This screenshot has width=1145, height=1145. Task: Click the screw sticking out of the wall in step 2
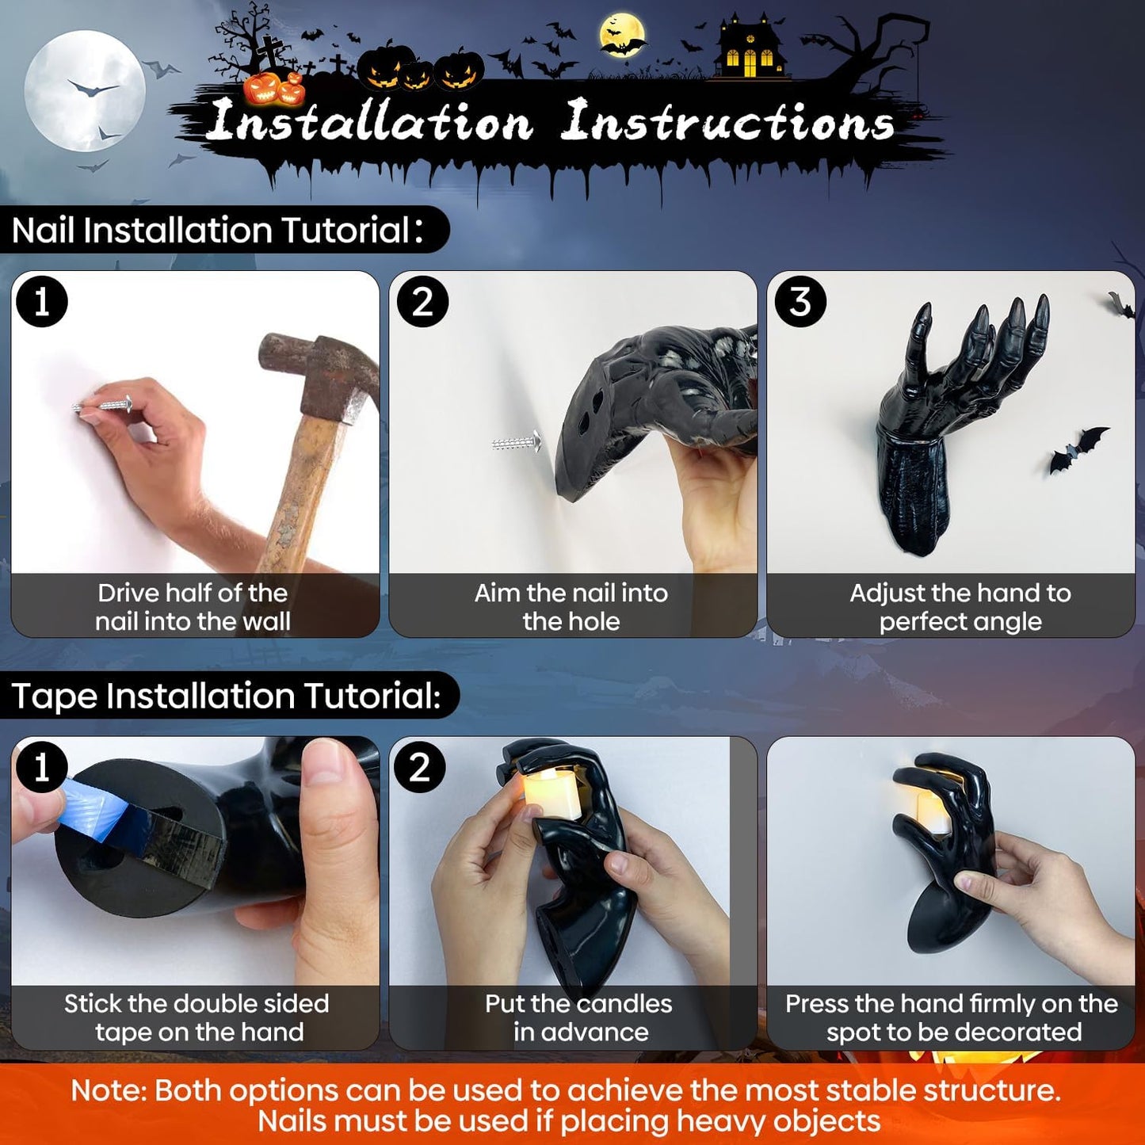pyautogui.click(x=517, y=443)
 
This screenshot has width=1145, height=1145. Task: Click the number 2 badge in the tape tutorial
pyautogui.click(x=420, y=767)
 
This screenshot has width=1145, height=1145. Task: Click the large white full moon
pyautogui.click(x=85, y=91)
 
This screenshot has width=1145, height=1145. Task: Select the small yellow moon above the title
pyautogui.click(x=622, y=35)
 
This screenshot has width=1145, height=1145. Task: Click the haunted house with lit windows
pyautogui.click(x=750, y=48)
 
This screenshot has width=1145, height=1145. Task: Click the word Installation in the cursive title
pyautogui.click(x=369, y=121)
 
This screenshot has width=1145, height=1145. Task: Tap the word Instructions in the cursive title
pyautogui.click(x=727, y=121)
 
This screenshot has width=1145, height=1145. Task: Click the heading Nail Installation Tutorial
pyautogui.click(x=217, y=230)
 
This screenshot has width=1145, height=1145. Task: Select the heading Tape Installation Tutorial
pyautogui.click(x=227, y=695)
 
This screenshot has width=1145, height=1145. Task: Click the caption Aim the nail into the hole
pyautogui.click(x=571, y=607)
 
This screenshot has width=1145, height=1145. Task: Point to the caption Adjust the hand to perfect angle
pyautogui.click(x=960, y=607)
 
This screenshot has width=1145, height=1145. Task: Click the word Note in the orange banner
pyautogui.click(x=109, y=1090)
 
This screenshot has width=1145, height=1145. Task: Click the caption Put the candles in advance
pyautogui.click(x=579, y=1018)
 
